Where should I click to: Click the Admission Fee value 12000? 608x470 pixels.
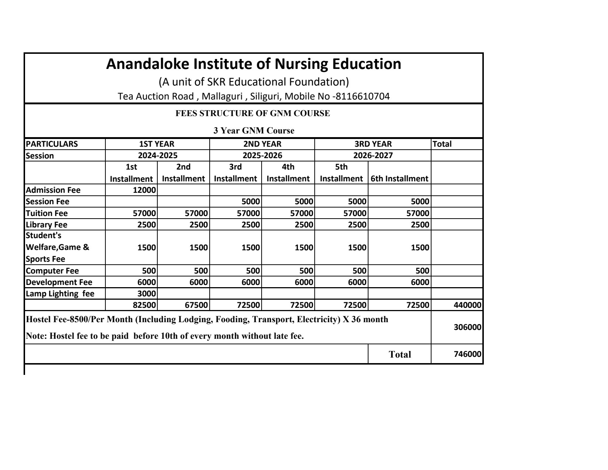144,190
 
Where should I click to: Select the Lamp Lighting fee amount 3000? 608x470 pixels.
146,294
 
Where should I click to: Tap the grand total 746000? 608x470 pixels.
467,354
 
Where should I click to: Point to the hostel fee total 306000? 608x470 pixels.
467,327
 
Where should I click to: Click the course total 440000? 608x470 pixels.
467,305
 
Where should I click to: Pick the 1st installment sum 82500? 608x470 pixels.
144,305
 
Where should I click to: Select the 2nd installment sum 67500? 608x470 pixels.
196,305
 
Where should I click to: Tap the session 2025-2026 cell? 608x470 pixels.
262,156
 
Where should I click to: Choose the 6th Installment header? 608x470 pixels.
399,179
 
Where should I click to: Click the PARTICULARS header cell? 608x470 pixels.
52,144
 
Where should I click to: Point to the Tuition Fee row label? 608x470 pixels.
47,213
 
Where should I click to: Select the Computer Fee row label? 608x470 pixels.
52,271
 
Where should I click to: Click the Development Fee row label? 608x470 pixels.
59,282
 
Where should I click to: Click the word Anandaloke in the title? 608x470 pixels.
147,64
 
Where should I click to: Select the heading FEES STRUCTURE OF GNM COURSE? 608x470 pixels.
253,114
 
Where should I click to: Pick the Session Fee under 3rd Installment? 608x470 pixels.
251,202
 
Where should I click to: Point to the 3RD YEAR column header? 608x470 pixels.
373,144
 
